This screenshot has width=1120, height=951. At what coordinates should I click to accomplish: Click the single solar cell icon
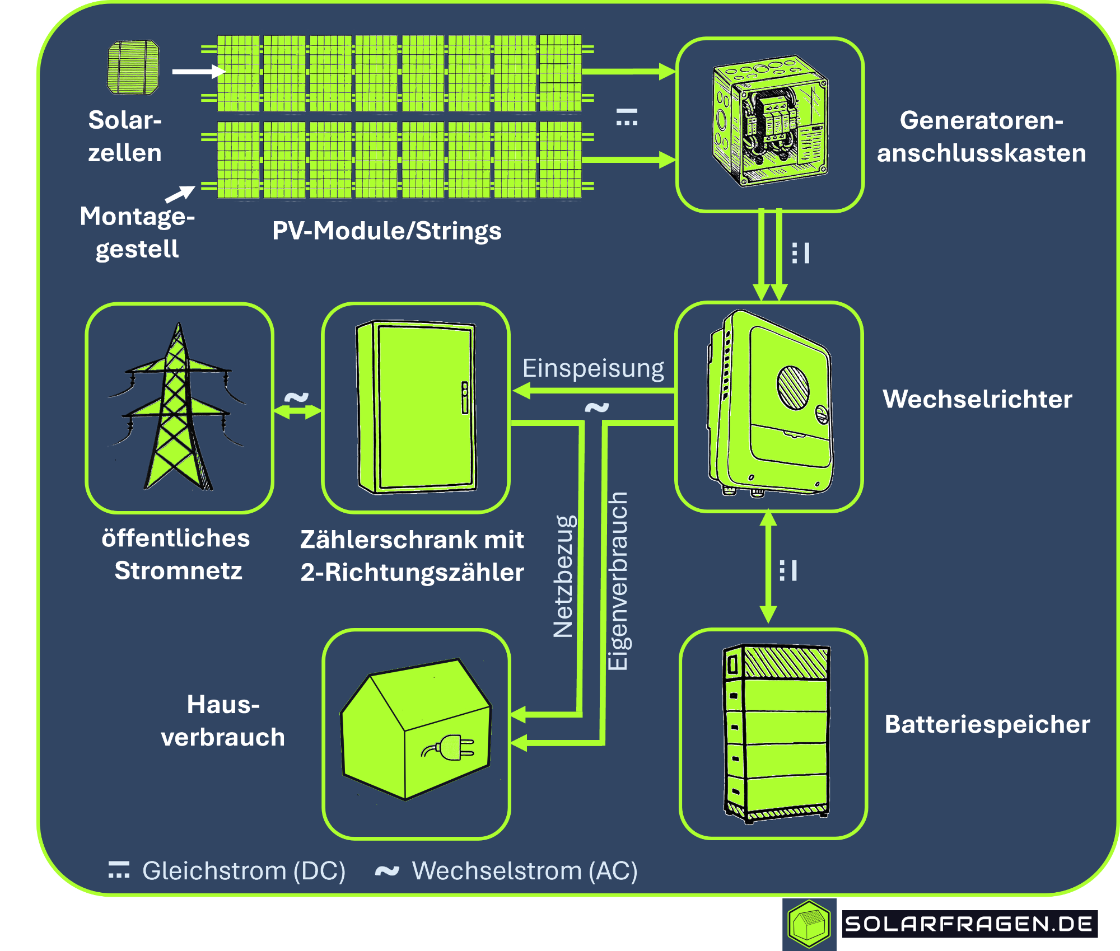pos(133,67)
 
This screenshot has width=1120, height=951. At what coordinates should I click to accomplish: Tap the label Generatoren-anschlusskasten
pos(981,137)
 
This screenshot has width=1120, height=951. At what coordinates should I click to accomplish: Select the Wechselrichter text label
pos(977,399)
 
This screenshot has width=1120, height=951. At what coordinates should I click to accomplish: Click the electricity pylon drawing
pos(178,409)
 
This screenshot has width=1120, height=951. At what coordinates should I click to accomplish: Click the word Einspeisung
pos(593,368)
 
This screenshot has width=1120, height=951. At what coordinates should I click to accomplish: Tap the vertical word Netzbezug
pos(564,577)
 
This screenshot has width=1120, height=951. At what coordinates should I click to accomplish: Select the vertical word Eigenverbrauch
pos(618,581)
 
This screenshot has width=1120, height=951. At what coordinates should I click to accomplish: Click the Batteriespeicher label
pos(987,724)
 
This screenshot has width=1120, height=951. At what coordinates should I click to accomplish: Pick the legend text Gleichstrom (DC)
pos(244,871)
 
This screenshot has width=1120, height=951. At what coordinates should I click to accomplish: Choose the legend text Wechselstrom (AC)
pos(525,871)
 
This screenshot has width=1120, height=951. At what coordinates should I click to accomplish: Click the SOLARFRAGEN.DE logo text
pos(969,924)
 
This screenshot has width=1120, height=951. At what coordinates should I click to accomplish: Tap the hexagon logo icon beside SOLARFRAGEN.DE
pos(809,924)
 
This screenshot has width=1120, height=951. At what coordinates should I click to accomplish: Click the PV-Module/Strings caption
pos(386,231)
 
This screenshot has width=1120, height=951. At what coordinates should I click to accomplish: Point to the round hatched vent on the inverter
pos(793,387)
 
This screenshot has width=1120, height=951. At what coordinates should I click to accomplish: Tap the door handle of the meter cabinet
pos(465,397)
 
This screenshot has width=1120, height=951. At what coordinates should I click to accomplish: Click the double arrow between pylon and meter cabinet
pos(297,411)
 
